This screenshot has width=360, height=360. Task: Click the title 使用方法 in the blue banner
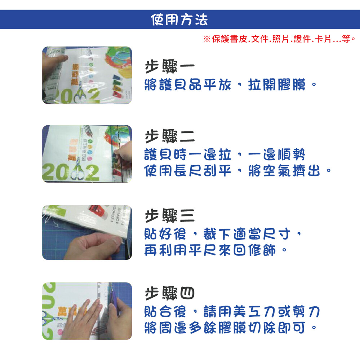pyautogui.click(x=179, y=19)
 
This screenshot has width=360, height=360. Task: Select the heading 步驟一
pyautogui.click(x=170, y=66)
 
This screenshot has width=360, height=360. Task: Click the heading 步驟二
pyautogui.click(x=170, y=136)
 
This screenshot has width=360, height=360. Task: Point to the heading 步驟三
pyautogui.click(x=170, y=216)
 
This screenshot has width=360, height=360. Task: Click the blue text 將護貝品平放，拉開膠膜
pyautogui.click(x=230, y=85)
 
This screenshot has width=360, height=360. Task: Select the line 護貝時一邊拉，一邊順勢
pyautogui.click(x=225, y=154)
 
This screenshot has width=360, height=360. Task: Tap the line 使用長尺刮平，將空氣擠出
pyautogui.click(x=238, y=171)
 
